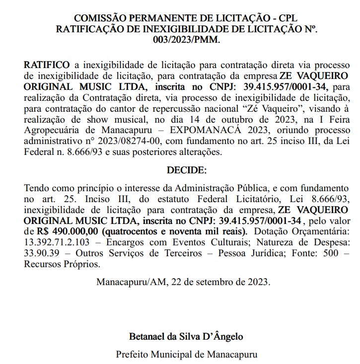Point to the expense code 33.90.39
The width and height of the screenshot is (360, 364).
[41, 253]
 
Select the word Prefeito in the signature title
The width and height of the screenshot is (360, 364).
[133, 355]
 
